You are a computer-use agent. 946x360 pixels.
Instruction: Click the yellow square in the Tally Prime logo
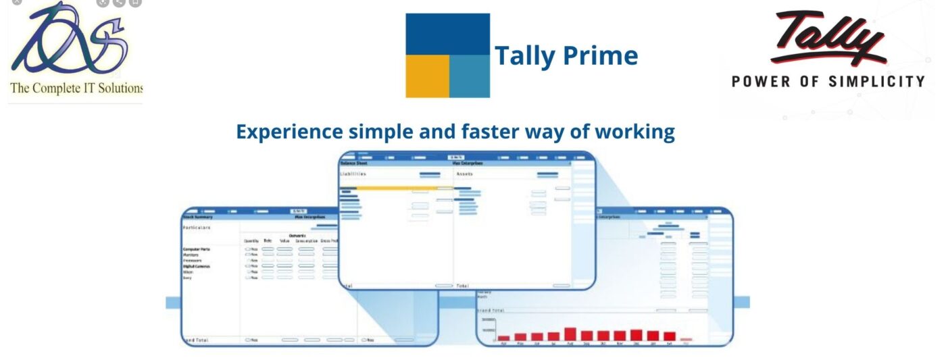pyautogui.click(x=427, y=76)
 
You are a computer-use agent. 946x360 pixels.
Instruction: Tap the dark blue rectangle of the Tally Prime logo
pyautogui.click(x=447, y=34)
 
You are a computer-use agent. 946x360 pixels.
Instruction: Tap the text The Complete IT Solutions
pyautogui.click(x=76, y=88)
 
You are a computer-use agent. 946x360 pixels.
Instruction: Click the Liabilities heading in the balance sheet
pyautogui.click(x=353, y=174)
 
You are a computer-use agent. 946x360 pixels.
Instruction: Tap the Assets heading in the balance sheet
pyautogui.click(x=465, y=174)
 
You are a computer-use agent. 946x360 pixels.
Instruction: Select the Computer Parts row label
pyautogui.click(x=197, y=249)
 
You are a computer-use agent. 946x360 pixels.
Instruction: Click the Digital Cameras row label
pyautogui.click(x=197, y=266)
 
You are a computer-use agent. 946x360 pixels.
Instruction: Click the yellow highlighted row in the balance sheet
pyautogui.click(x=395, y=188)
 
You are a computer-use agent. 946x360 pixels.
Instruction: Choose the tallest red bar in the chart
pyautogui.click(x=570, y=334)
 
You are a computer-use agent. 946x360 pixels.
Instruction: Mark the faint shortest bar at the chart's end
pyautogui.click(x=687, y=340)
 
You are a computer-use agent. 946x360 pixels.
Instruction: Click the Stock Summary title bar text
pyautogui.click(x=197, y=217)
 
